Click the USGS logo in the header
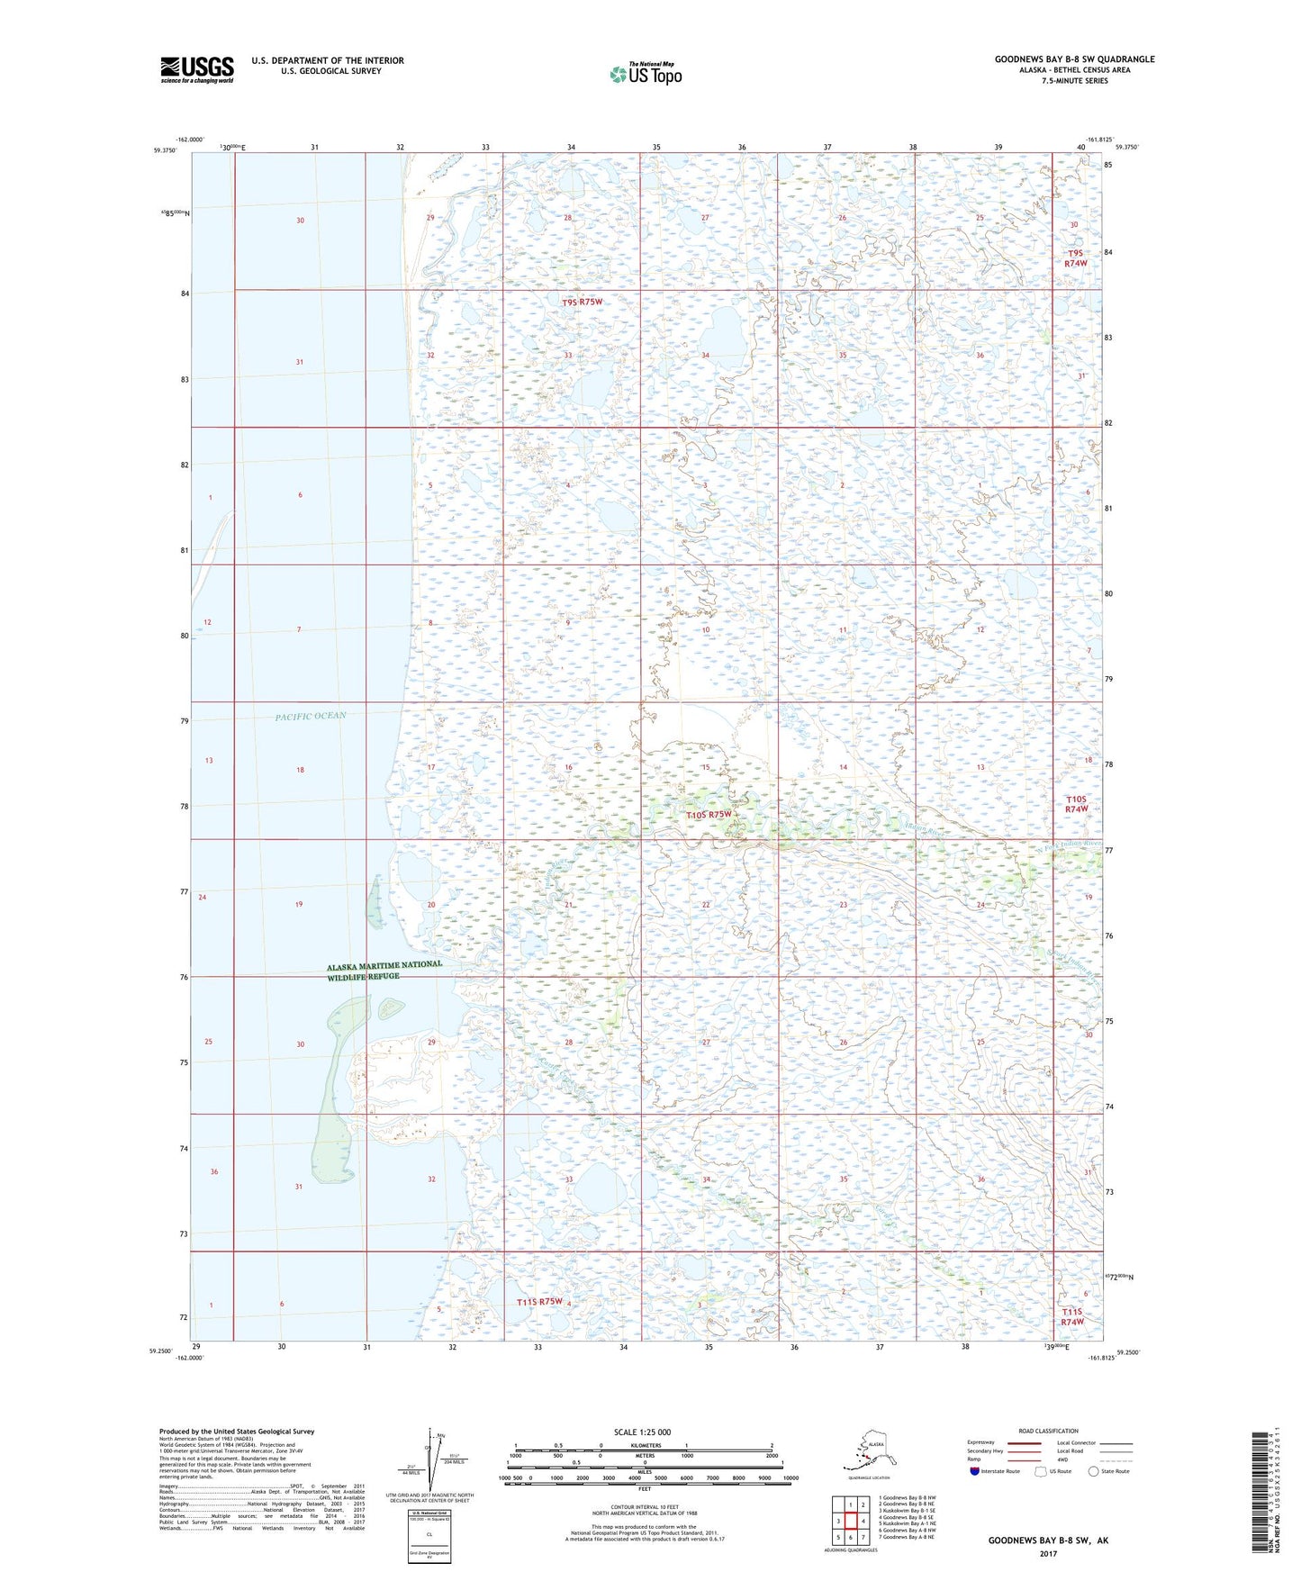coord(196,69)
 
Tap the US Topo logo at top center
coord(645,74)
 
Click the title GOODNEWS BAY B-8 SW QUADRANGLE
coord(1074,59)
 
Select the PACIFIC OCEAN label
coord(311,716)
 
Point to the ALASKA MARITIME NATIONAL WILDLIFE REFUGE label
coord(384,970)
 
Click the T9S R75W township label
coord(582,303)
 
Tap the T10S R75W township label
coord(709,814)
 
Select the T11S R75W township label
coord(539,1301)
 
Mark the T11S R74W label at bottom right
coord(1071,1316)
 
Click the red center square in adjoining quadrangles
coord(850,1521)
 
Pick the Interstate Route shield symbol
coord(974,1471)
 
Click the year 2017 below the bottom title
coord(1048,1553)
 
